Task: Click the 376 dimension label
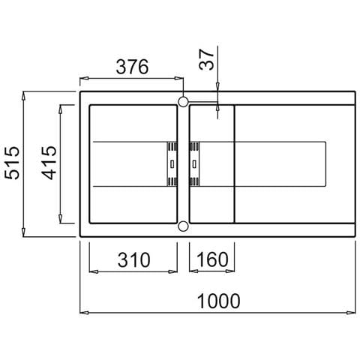click(x=132, y=67)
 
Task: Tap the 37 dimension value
click(x=207, y=59)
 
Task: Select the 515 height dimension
click(x=13, y=163)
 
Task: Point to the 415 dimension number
click(x=49, y=163)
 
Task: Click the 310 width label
click(x=133, y=260)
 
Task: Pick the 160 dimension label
click(x=212, y=259)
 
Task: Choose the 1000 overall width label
click(x=219, y=301)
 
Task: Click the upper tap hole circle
click(x=183, y=102)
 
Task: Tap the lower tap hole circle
click(x=183, y=226)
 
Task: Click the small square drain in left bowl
click(x=172, y=164)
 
